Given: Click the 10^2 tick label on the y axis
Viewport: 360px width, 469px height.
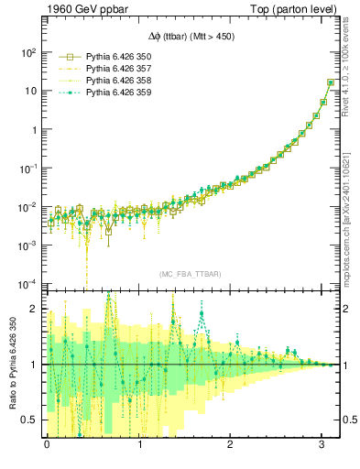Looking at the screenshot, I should click(28, 52).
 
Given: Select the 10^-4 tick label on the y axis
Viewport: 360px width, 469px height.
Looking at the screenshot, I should click(28, 283).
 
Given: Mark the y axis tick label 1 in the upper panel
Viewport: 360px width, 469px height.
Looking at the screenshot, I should click(34, 129).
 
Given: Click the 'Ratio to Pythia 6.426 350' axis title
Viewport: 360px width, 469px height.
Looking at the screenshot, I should click(12, 364).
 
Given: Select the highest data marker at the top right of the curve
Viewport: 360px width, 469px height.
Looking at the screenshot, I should click(330, 82).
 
